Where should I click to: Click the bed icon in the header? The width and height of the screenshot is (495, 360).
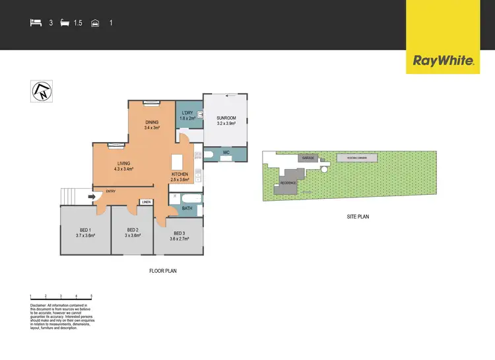point(36,23)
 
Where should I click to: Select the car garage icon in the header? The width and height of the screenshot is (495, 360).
point(95,23)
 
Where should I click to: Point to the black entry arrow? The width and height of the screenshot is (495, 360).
point(94,195)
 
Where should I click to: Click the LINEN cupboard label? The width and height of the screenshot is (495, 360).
point(147,202)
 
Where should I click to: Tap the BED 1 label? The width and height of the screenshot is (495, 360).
point(86,230)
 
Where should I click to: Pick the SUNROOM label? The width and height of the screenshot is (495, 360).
point(226,118)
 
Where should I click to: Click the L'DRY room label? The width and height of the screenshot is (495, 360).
point(187,113)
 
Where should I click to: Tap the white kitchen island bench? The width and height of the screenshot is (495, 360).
point(176,162)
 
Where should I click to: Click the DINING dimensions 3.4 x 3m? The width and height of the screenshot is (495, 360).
point(152,127)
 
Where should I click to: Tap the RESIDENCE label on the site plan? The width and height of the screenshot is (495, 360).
point(288,182)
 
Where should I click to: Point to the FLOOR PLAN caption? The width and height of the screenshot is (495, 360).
point(162,271)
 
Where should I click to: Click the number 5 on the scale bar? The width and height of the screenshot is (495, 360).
point(91,296)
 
